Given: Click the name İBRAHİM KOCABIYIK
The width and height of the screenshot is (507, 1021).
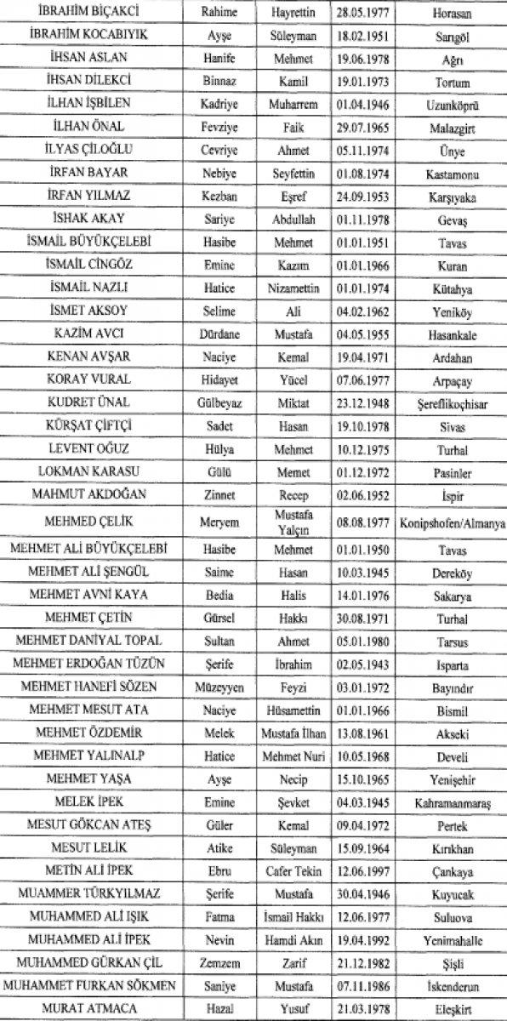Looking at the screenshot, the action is tap(90, 38).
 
